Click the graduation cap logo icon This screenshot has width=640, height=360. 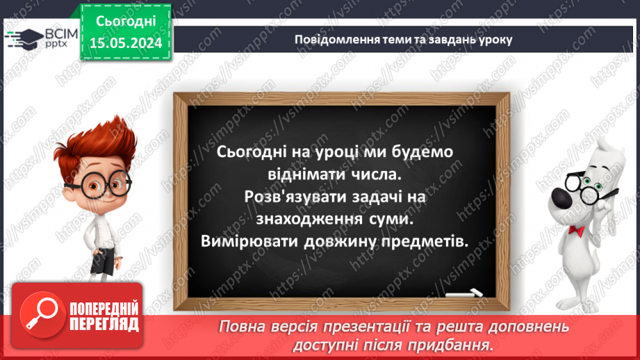(x=24, y=39)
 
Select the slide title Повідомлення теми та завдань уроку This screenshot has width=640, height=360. (x=403, y=40)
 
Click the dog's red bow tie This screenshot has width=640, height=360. (x=576, y=229)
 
